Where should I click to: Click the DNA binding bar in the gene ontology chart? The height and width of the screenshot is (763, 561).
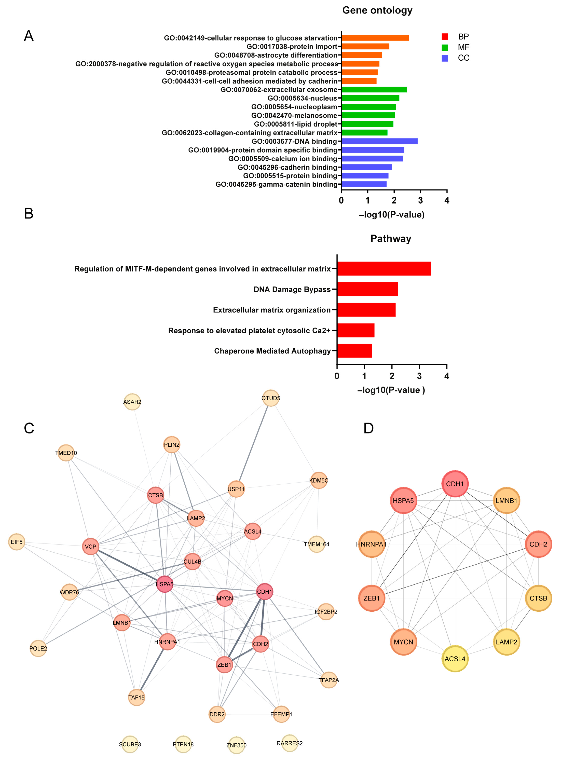[x=379, y=141]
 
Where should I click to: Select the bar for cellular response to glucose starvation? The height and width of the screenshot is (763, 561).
[x=375, y=38]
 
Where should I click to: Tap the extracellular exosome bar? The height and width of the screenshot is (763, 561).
[x=374, y=90]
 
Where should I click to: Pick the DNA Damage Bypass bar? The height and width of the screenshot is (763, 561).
[x=367, y=289]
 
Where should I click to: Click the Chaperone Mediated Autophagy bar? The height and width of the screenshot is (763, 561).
[x=354, y=351]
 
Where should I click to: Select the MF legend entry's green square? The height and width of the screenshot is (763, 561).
[x=445, y=48]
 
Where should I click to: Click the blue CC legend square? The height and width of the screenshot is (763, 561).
[x=445, y=58]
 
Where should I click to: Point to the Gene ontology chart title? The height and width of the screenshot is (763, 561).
[x=377, y=10]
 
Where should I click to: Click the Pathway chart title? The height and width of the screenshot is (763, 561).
[x=391, y=239]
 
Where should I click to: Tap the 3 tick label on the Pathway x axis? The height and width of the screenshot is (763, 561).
[x=419, y=376]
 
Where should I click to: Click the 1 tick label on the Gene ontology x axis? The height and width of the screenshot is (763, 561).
[x=368, y=200]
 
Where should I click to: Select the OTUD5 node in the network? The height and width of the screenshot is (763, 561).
[x=271, y=398]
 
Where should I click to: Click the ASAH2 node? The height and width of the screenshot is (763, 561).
[x=132, y=402]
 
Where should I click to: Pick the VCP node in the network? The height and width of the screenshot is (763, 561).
[x=90, y=546]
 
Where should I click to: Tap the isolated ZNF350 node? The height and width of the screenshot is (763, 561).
[x=236, y=745]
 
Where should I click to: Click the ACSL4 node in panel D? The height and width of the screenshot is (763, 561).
[x=455, y=659]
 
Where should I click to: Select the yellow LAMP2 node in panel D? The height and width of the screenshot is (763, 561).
[x=506, y=642]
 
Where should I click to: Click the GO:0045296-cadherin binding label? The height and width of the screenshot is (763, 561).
[x=287, y=167]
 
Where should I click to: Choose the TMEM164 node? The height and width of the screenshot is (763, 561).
[x=317, y=544]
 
